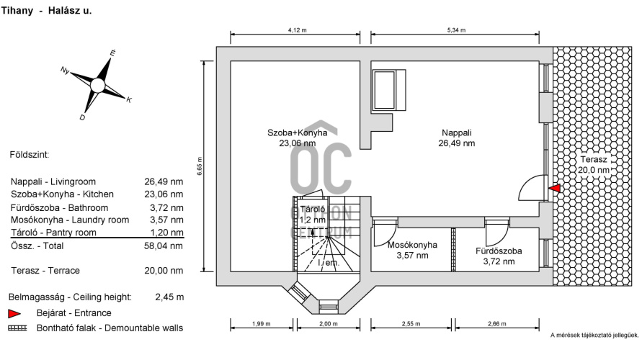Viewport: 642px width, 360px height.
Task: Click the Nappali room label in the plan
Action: [x=457, y=133]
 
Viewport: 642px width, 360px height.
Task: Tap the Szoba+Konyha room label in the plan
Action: [x=298, y=133]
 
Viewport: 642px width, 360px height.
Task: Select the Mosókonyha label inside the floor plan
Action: [x=412, y=245]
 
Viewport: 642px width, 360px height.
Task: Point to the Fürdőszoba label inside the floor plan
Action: [x=499, y=251]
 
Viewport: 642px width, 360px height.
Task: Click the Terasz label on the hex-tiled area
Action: [x=593, y=160]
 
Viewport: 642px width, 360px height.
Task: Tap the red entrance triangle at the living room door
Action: [x=555, y=188]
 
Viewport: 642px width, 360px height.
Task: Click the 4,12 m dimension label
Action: [x=298, y=30]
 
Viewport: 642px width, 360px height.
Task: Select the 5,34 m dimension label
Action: [x=456, y=30]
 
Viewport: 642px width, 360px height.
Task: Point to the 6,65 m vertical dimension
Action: [x=200, y=166]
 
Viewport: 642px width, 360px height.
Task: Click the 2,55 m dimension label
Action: [x=411, y=323]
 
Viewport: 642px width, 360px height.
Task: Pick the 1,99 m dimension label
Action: [x=262, y=323]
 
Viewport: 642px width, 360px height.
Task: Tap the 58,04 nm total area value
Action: [x=164, y=246]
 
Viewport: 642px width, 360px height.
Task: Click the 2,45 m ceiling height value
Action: [x=169, y=297]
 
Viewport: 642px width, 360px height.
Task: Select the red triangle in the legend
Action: [x=14, y=313]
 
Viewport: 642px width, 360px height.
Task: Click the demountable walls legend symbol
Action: [x=17, y=328]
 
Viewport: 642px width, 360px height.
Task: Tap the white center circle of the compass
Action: [x=97, y=86]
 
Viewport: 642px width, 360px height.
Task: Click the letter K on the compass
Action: [x=129, y=100]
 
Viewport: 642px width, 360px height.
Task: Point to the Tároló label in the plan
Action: [x=313, y=209]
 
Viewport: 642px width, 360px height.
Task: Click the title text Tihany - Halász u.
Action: [x=46, y=11]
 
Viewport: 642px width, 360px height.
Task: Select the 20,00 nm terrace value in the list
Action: [x=164, y=271]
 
